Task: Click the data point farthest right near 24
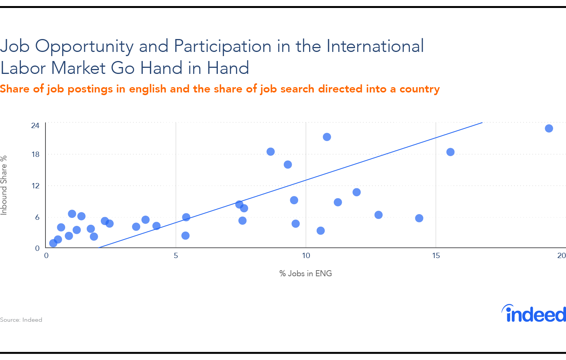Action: [549, 128]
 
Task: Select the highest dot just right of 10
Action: [327, 137]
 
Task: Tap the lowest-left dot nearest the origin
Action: [53, 243]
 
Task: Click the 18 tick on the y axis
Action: [36, 154]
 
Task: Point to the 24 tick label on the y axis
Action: [35, 125]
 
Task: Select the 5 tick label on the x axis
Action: [176, 255]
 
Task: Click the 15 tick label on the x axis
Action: [436, 255]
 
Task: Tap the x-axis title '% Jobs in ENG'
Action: [305, 274]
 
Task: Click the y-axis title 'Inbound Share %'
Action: [4, 185]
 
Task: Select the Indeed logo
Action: [534, 313]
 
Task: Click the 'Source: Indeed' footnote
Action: [21, 320]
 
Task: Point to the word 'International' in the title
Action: [375, 46]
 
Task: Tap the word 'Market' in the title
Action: [78, 68]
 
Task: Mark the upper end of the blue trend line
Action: [482, 123]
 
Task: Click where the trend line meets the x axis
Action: [99, 247]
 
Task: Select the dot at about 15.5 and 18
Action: [450, 152]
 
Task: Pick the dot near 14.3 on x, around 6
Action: [419, 218]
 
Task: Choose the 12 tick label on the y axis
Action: [36, 186]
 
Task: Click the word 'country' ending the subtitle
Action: [419, 89]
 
